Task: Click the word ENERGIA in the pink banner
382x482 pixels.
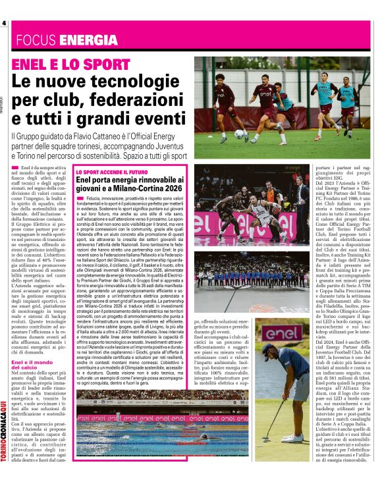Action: [88, 39]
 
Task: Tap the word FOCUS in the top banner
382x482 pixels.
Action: [38, 39]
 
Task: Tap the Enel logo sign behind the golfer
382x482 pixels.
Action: [284, 333]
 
